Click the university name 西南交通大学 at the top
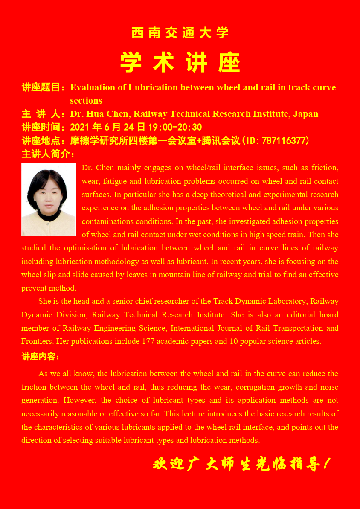pyautogui.click(x=180, y=33)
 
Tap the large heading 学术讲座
pyautogui.click(x=180, y=63)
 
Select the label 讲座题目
pyautogui.click(x=42, y=87)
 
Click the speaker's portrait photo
pyautogui.click(x=49, y=199)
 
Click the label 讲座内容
pyautogui.click(x=41, y=357)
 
